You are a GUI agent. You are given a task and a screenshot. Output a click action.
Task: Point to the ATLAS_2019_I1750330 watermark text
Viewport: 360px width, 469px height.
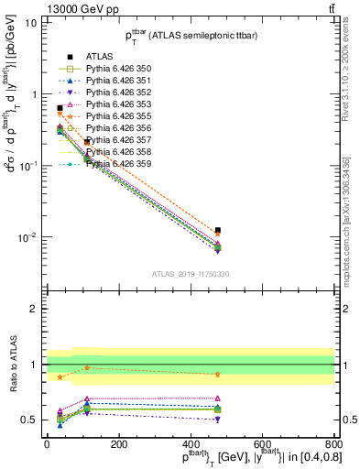click(x=191, y=273)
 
